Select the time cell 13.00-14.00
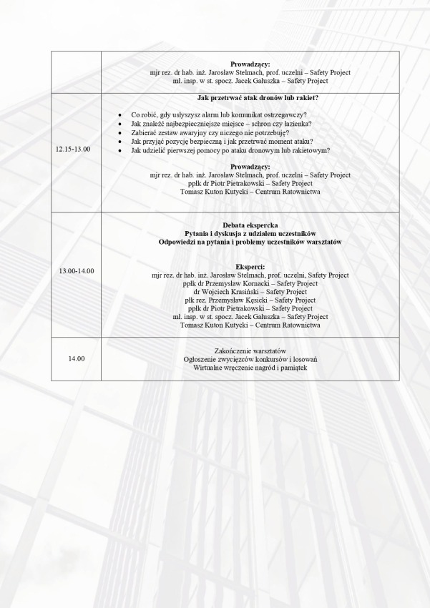(x=76, y=271)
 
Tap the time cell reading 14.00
(x=76, y=358)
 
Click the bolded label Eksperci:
(x=250, y=266)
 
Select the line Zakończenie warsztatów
(x=250, y=350)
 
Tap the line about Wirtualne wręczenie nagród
(x=250, y=367)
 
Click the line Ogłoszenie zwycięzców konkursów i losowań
(x=250, y=358)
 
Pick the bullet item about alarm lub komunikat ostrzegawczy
(x=224, y=115)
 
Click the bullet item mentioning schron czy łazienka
(x=221, y=124)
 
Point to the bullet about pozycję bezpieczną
(x=223, y=142)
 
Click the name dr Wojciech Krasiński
(x=250, y=292)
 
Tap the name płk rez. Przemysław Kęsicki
(x=250, y=300)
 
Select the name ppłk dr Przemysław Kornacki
(x=250, y=283)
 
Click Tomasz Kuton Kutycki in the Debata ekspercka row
(x=250, y=325)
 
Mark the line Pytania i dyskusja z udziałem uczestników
(x=250, y=233)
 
